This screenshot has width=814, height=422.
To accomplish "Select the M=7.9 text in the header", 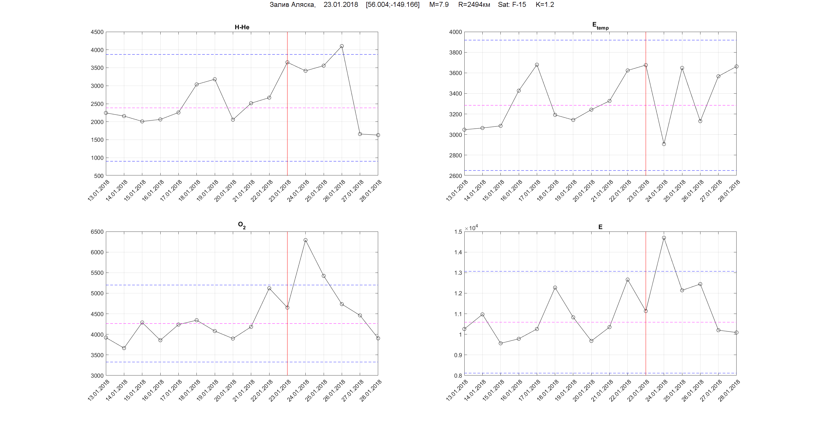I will tap(439, 5).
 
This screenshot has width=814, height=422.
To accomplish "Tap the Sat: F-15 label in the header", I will tap(512, 5).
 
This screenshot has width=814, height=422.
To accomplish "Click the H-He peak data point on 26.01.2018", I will tap(341, 46).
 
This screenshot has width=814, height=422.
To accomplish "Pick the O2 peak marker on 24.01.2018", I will tap(305, 240).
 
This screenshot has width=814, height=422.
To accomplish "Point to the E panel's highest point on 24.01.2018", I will tap(664, 238).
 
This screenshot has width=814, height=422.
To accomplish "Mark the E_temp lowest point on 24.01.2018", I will tap(664, 144).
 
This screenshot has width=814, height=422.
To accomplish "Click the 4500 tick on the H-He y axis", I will tap(97, 32).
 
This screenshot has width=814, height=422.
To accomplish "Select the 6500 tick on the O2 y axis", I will tap(97, 232).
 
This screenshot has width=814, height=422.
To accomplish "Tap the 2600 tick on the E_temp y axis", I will tap(455, 176).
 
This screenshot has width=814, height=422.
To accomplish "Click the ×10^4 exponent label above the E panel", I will tap(471, 228).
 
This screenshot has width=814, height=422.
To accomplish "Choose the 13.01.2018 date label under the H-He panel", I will tap(99, 190).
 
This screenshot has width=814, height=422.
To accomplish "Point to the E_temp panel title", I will tap(600, 26).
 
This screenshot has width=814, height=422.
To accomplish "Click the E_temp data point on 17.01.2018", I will tap(537, 65).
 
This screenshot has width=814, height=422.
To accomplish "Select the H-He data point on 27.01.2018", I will tap(360, 134).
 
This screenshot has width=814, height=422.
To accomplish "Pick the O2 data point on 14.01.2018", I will tap(124, 348).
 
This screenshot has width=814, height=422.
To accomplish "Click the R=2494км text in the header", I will tap(474, 5).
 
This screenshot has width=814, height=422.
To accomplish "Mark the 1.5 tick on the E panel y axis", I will tap(458, 232).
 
